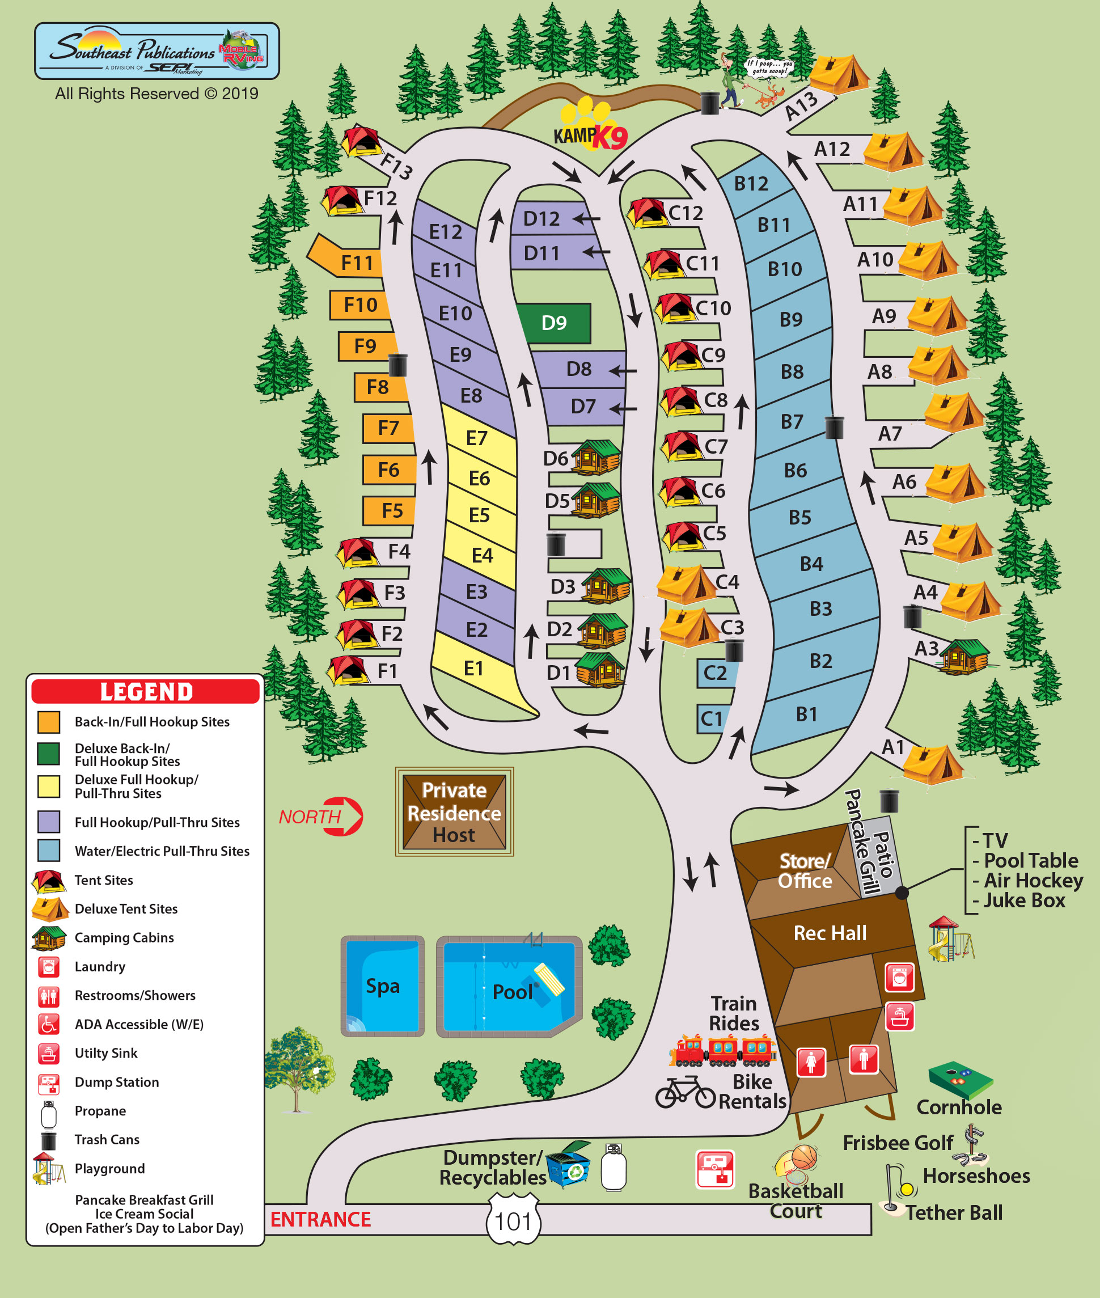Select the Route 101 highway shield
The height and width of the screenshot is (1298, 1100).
[513, 1221]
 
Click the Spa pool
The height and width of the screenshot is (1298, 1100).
[382, 986]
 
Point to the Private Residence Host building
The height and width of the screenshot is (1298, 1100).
[454, 811]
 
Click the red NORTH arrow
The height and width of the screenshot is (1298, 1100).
[344, 816]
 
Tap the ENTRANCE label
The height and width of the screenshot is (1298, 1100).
[320, 1219]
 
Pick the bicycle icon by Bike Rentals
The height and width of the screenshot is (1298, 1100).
[685, 1093]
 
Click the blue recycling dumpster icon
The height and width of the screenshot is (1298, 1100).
[568, 1165]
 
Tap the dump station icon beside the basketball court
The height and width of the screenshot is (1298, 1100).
[714, 1169]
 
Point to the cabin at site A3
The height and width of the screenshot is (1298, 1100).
[964, 657]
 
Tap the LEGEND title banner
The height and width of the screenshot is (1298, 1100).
[145, 691]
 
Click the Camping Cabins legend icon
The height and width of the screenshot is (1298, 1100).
[49, 938]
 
